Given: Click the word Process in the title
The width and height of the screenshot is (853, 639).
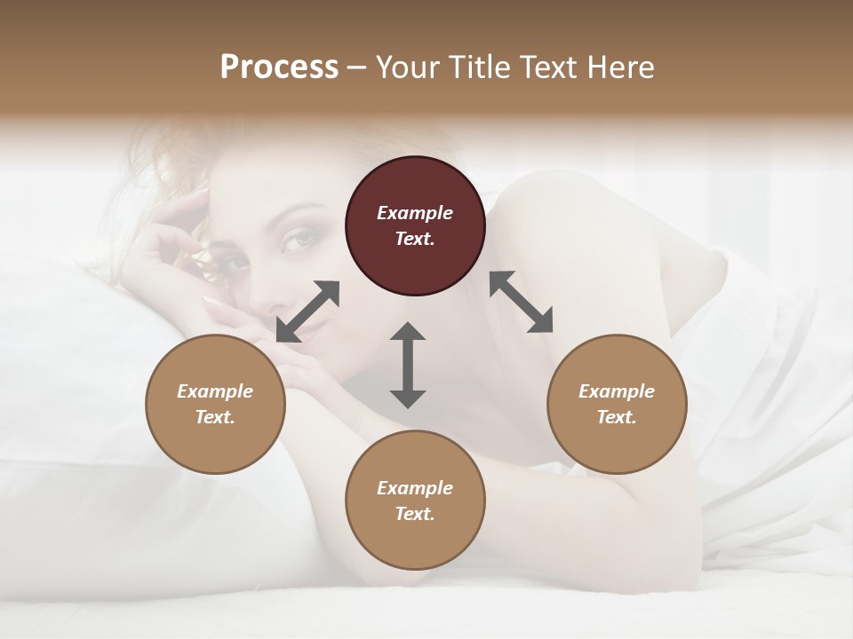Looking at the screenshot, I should [279, 67].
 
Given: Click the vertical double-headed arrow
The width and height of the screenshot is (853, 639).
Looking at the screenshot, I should [408, 365].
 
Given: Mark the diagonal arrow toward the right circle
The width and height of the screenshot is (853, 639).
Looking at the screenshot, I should [522, 302].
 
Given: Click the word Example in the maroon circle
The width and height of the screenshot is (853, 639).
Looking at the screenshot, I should [415, 213].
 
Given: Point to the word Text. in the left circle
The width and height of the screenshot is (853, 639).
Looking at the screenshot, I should [215, 417].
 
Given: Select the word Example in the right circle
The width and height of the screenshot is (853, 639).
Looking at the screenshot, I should [617, 391].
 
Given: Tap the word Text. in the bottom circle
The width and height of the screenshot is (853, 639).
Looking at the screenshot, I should [415, 514].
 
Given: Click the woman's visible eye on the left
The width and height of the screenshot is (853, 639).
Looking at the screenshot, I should [233, 264].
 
